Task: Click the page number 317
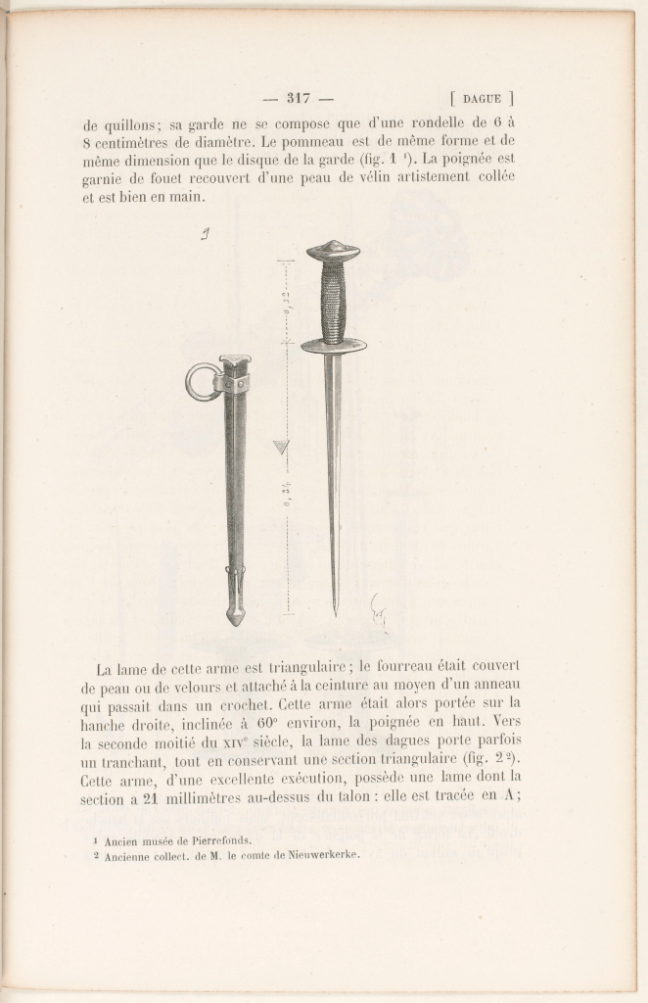point(298,97)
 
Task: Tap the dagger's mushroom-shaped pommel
point(333,251)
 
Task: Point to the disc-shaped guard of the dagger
point(334,345)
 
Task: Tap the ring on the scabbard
point(202,381)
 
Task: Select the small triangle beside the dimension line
point(281,447)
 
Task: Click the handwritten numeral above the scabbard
point(206,234)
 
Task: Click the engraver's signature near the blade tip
point(378,612)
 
